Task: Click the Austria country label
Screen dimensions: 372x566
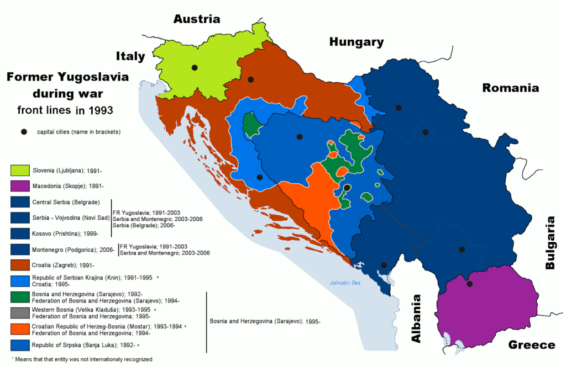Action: coord(197,19)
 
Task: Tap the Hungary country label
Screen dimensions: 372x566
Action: coord(356,42)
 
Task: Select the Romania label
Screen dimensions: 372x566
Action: coord(510,88)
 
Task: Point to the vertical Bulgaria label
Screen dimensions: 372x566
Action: coord(551,242)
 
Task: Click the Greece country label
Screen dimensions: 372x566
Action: coord(532,345)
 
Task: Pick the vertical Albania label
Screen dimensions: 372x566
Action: coord(417,318)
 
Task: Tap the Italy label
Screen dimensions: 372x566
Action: coord(130,56)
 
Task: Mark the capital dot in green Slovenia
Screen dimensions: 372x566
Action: coord(195,67)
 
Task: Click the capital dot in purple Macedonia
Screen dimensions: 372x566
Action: coord(469,284)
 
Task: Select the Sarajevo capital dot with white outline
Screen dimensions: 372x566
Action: coord(347,188)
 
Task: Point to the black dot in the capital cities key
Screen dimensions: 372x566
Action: coord(24,131)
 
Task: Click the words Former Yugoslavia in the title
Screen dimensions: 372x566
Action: coord(67,78)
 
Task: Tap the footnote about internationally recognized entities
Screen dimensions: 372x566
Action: coord(81,359)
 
